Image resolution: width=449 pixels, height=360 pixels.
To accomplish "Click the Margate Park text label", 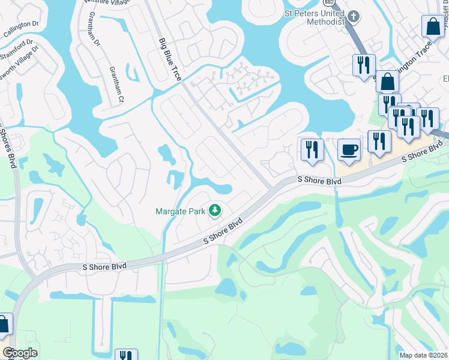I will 180,211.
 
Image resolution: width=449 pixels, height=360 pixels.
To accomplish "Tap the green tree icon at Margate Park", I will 214,211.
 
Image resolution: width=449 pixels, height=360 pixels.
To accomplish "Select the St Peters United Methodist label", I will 312,16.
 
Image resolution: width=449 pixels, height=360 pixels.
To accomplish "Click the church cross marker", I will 354,17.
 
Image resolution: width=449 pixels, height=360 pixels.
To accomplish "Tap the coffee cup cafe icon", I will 349,150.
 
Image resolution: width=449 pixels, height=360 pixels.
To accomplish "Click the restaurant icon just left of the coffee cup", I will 312,149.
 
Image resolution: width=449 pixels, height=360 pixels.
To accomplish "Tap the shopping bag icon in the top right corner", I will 432,27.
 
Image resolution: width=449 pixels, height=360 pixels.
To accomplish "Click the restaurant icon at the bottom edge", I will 126,355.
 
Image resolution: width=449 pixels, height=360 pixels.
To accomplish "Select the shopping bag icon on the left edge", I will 4,325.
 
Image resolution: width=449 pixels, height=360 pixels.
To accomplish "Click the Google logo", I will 20,353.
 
